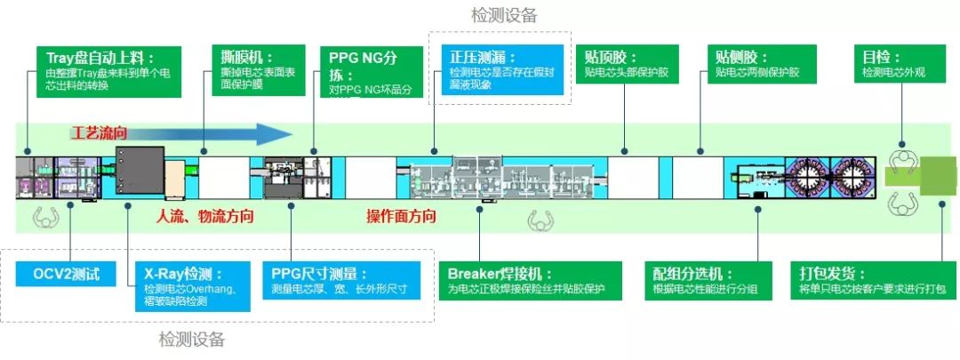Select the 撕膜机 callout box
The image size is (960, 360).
pos(257,70)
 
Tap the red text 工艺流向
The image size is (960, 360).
pos(100,133)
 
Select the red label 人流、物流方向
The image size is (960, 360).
pos(205,216)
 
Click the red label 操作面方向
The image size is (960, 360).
pos(402,216)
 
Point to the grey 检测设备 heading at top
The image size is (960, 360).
pos(504,15)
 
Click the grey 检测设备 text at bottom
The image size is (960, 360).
pos(192,339)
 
